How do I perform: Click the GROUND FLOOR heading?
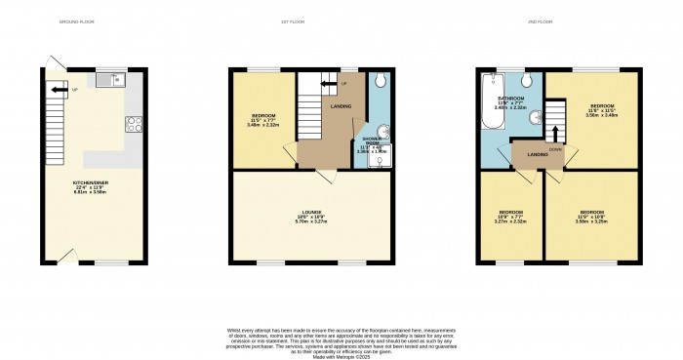(76, 20)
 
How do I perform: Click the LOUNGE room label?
(312, 215)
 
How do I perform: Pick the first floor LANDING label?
(341, 107)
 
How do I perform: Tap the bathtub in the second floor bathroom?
(490, 110)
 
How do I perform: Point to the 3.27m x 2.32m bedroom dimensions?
(511, 221)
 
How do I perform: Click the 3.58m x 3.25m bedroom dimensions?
(591, 221)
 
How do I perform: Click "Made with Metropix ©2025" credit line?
(341, 357)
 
